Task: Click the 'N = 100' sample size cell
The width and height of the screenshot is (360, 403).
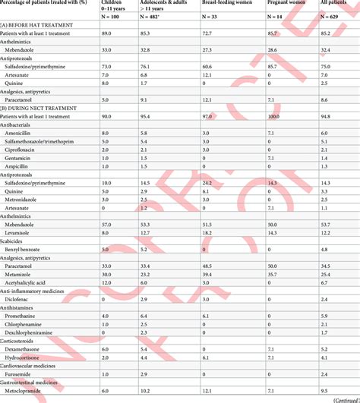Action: click(x=112, y=19)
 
